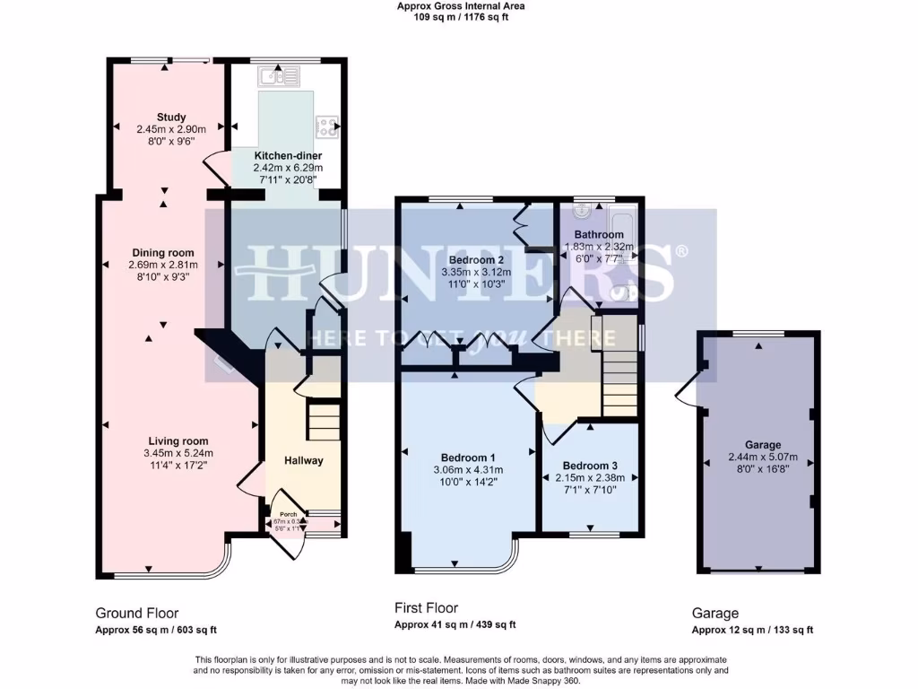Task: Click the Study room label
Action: pyautogui.click(x=170, y=117)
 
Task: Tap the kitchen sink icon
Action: pyautogui.click(x=273, y=79)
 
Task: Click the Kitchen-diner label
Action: pyautogui.click(x=274, y=155)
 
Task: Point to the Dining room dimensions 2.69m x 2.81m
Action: pyautogui.click(x=163, y=265)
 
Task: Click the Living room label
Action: pyautogui.click(x=176, y=440)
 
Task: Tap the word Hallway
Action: pyautogui.click(x=304, y=460)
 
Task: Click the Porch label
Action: pyautogui.click(x=289, y=514)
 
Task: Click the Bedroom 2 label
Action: pyautogui.click(x=463, y=260)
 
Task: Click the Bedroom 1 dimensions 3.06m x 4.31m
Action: pyautogui.click(x=468, y=469)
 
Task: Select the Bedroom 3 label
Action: pyautogui.click(x=589, y=466)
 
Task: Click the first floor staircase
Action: pyautogui.click(x=619, y=363)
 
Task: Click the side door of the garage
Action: pyautogui.click(x=688, y=388)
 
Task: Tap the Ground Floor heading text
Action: pyautogui.click(x=136, y=614)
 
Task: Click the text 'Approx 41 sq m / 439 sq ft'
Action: pyautogui.click(x=455, y=625)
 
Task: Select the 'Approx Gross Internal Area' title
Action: pyautogui.click(x=460, y=6)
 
